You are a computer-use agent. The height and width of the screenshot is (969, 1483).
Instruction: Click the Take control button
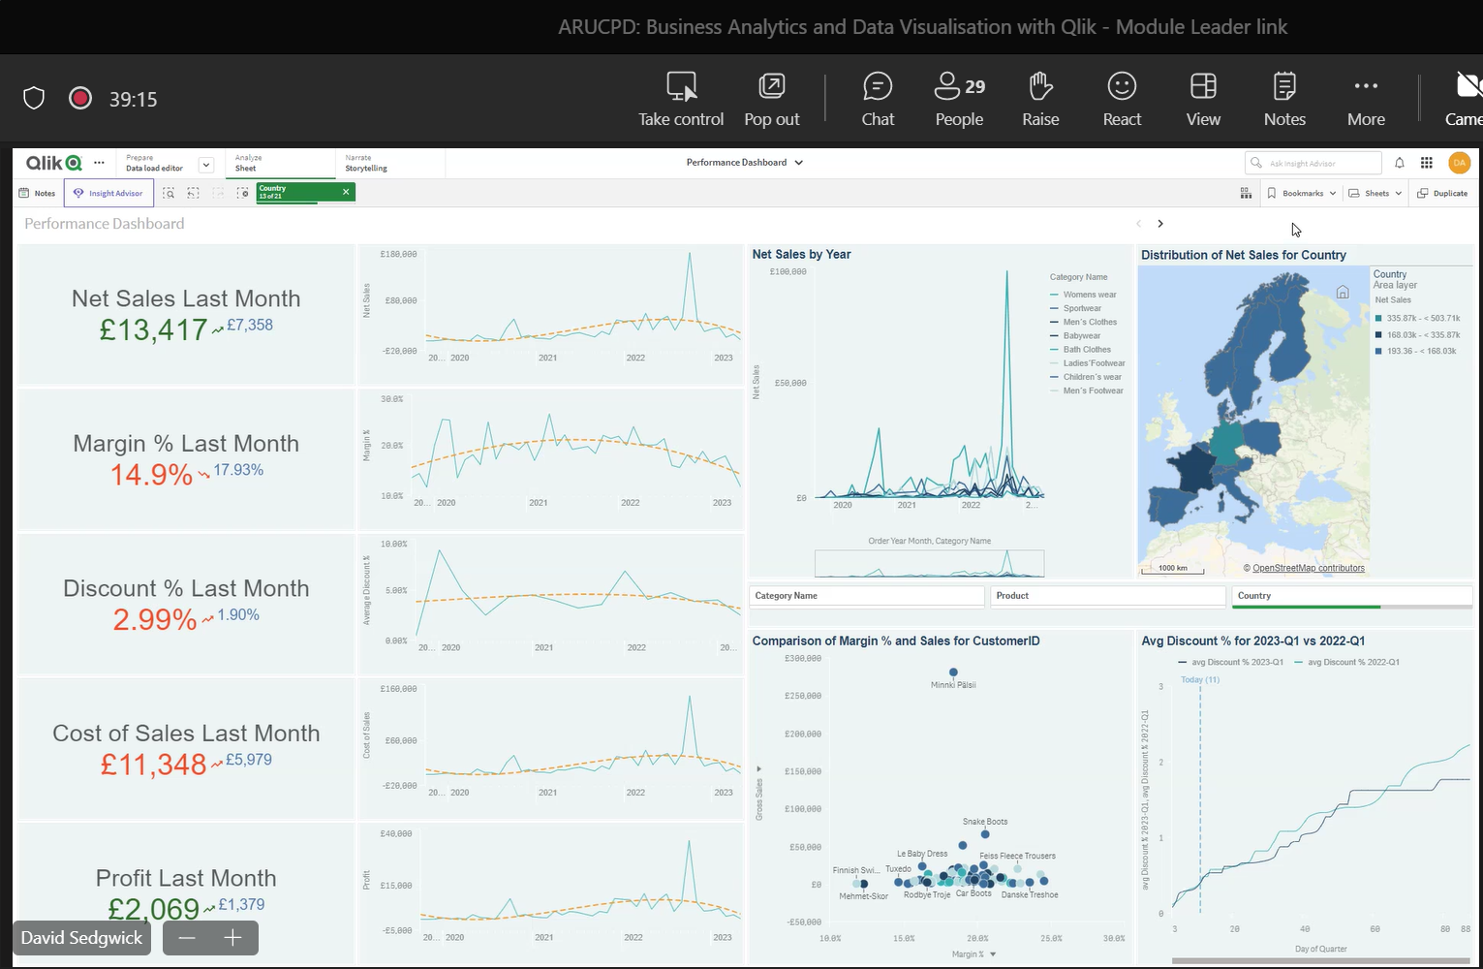coord(681,99)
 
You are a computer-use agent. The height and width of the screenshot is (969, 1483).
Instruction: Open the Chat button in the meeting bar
coord(878,99)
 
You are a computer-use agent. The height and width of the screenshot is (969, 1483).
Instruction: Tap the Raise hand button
coord(1040,99)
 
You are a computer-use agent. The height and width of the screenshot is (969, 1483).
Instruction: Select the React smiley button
coord(1122,99)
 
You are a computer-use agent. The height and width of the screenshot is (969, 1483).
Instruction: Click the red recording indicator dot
coord(80,98)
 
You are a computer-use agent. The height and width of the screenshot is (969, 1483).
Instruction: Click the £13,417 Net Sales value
coord(153,330)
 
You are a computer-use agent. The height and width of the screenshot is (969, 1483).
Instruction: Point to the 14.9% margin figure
coord(151,475)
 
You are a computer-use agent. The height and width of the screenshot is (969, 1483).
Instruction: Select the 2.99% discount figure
coord(155,620)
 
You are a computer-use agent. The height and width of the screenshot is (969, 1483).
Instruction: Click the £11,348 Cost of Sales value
coord(153,765)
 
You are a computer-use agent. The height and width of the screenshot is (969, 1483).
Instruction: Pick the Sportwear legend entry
coord(1082,308)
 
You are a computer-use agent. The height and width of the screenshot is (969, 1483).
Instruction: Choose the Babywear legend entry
coord(1081,336)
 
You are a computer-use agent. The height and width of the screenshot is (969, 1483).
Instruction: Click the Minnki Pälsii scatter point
coord(953,672)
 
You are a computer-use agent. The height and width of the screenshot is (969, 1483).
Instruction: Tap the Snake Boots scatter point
coord(985,833)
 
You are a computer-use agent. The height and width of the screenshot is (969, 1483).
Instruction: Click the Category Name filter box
coord(867,596)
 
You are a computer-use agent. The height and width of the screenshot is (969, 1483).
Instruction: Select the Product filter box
coord(1108,596)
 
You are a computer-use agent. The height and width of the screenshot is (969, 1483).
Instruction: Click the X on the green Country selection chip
coord(346,192)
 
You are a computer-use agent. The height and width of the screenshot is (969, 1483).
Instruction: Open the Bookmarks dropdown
coord(1302,194)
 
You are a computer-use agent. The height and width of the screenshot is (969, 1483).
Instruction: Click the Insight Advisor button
coord(108,194)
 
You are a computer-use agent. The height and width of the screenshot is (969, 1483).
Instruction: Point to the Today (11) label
coord(1200,679)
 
